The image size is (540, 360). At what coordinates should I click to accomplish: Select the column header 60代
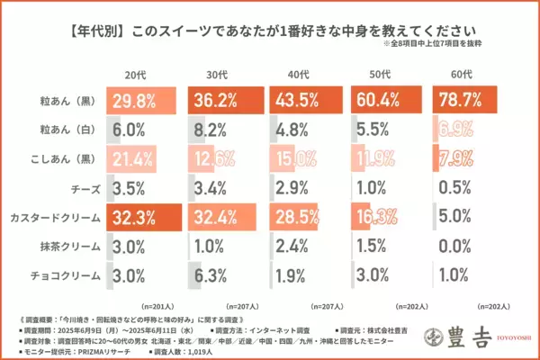point(463,73)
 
